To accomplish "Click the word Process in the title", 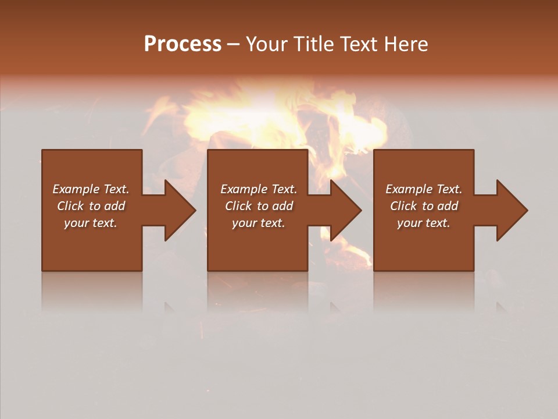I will [183, 44].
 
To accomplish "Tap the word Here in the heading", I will [406, 44].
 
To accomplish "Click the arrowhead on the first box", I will [177, 210].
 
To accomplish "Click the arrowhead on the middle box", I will [344, 210].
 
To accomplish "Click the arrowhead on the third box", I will [509, 210].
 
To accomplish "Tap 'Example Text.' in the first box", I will [91, 189].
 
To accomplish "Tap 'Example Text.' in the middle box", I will [259, 189].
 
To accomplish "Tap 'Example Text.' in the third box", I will [424, 189].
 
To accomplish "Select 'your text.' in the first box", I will [91, 223].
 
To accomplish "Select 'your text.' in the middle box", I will [259, 223].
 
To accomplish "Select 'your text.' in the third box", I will [424, 223].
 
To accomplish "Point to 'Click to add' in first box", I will [91, 206].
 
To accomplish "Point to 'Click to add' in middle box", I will [259, 206].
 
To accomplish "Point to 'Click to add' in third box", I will [424, 206].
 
